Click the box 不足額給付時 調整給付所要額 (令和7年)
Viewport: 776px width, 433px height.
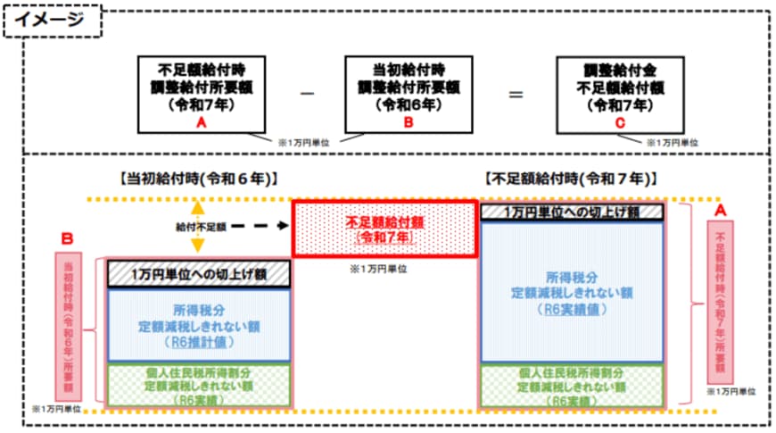click(x=202, y=88)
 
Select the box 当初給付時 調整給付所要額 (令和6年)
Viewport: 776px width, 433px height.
click(x=409, y=88)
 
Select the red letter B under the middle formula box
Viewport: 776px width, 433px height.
click(x=409, y=126)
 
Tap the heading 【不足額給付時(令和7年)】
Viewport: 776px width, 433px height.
click(x=571, y=179)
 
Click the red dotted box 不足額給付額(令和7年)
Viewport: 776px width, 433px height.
click(x=385, y=229)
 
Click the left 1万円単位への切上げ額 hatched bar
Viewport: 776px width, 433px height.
click(x=199, y=272)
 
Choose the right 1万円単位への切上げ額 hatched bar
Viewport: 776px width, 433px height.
click(x=571, y=212)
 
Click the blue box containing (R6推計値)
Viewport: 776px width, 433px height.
click(x=199, y=324)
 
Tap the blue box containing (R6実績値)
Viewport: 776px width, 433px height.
click(x=571, y=291)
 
